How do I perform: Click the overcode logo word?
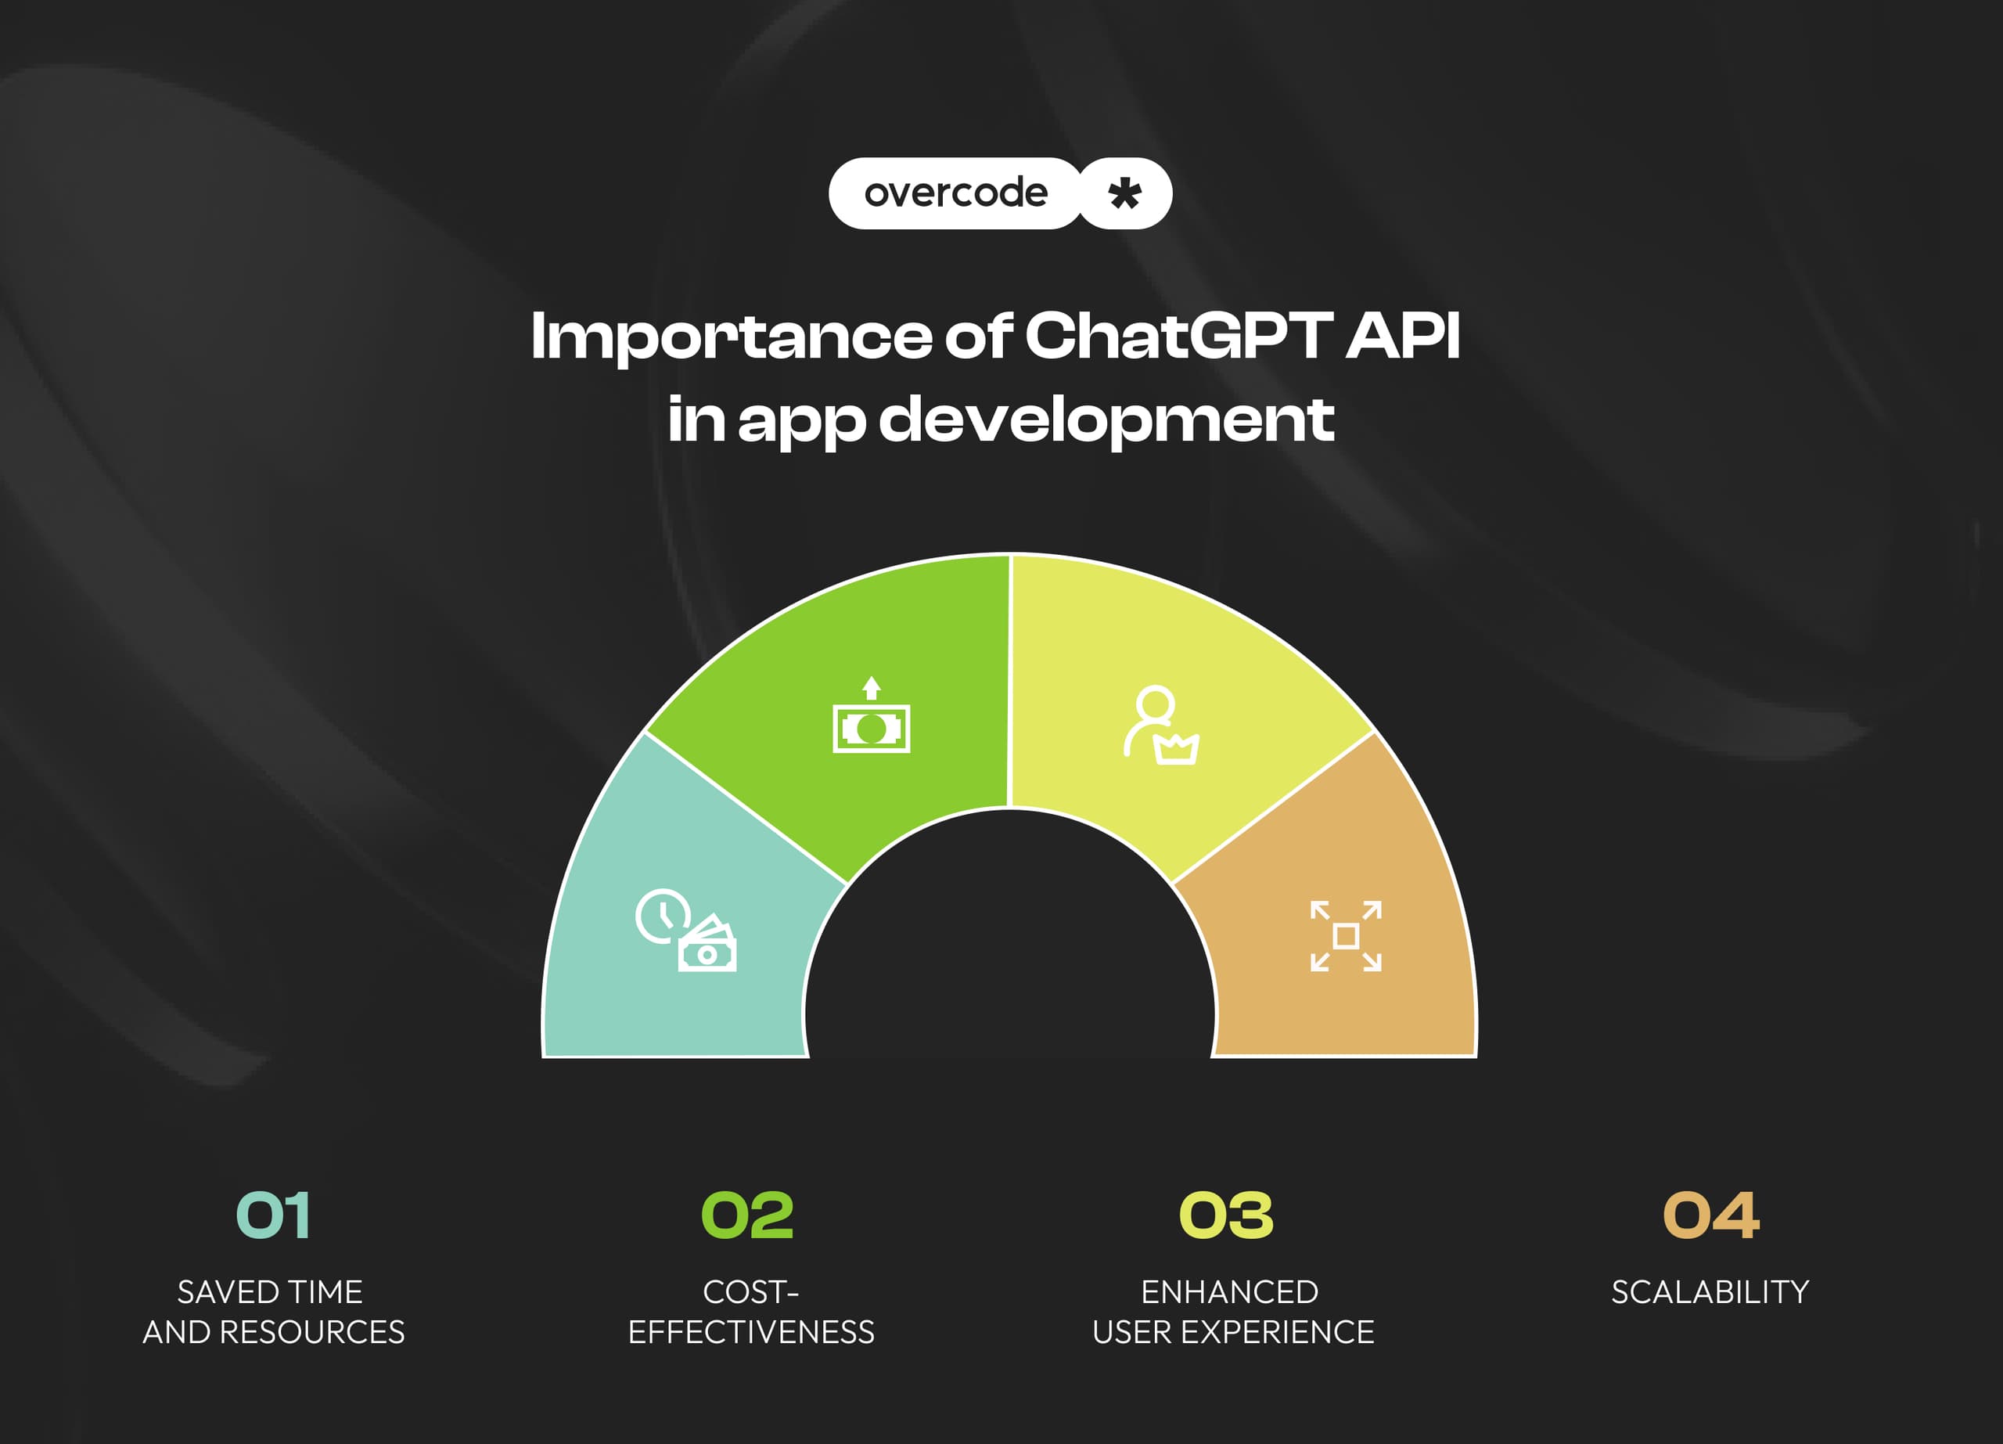[x=955, y=193]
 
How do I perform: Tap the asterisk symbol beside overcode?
[x=1124, y=193]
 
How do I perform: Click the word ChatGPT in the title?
[x=1178, y=337]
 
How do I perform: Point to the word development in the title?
[x=1106, y=420]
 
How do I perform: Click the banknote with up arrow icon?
[x=871, y=715]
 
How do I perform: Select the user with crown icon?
[x=1161, y=725]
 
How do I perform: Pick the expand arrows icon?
[x=1346, y=936]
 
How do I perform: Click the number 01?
[x=273, y=1215]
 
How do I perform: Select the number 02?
[x=747, y=1215]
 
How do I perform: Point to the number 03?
[x=1227, y=1215]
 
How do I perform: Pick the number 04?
[x=1710, y=1215]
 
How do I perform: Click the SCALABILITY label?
[x=1710, y=1292]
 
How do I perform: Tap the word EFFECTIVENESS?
[x=752, y=1332]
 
